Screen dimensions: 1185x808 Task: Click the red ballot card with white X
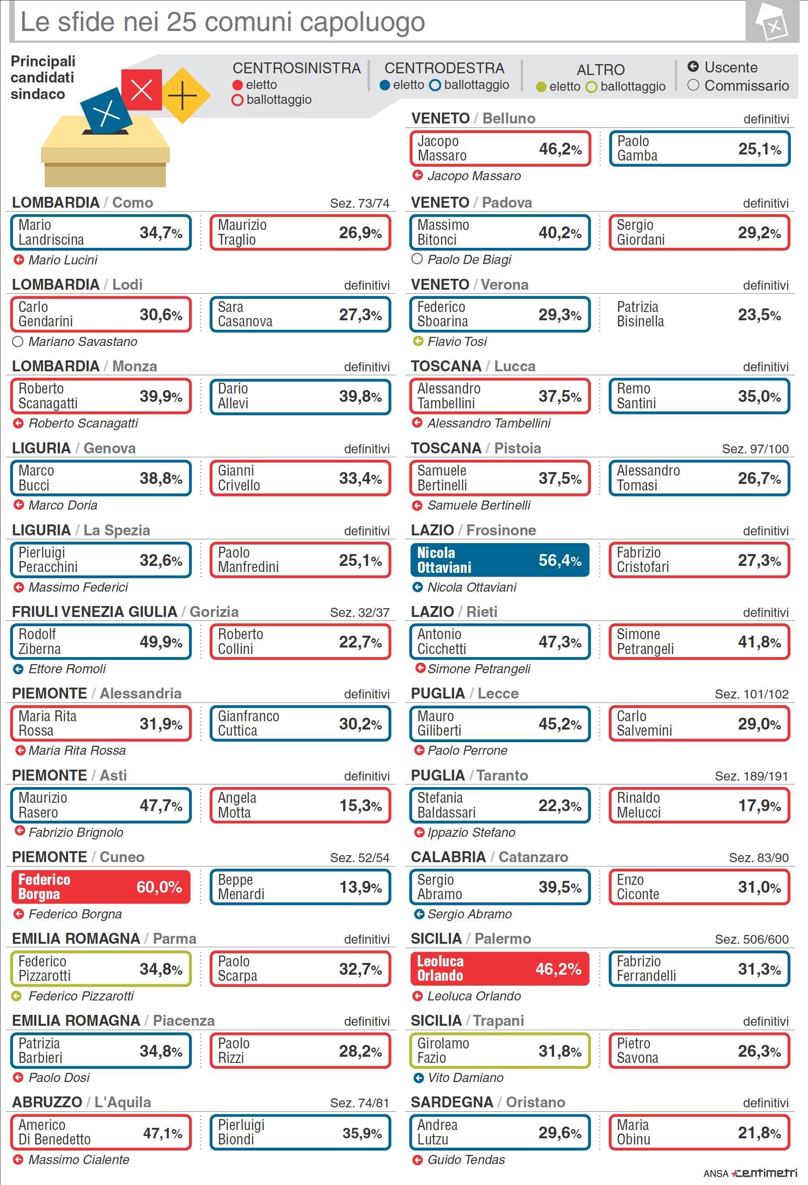[x=141, y=90]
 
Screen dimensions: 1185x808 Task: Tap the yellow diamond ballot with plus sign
[x=182, y=96]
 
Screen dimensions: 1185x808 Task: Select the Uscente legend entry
[x=722, y=67]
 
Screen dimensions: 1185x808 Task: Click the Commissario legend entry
[x=738, y=86]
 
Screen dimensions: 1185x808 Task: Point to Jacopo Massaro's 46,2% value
[x=560, y=149]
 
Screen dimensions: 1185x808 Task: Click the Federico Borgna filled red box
[x=100, y=887]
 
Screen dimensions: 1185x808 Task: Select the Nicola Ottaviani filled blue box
[x=499, y=560]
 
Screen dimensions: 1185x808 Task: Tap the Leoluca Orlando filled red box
[x=499, y=969]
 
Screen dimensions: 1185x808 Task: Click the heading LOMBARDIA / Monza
[x=84, y=366]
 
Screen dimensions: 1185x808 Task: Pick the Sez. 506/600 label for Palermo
[x=751, y=939]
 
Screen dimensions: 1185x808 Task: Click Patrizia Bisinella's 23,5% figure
[x=759, y=315]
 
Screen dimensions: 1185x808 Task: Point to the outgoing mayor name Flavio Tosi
[x=457, y=342]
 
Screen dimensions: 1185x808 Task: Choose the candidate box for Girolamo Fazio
[x=499, y=1051]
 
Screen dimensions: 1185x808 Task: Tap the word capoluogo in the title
[x=362, y=22]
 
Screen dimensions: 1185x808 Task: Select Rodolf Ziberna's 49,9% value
[x=161, y=642]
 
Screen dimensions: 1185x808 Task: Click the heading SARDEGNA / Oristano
[x=488, y=1103]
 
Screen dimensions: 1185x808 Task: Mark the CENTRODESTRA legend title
[x=444, y=68]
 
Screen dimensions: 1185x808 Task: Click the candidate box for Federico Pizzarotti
[x=100, y=969]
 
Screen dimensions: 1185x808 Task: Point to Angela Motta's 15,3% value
[x=360, y=806]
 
